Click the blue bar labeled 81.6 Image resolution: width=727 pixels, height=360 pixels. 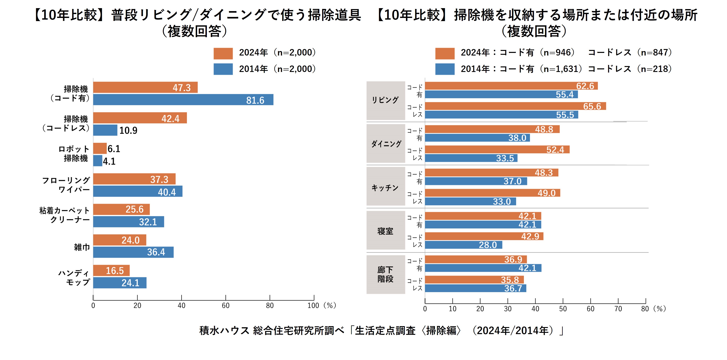[183, 100]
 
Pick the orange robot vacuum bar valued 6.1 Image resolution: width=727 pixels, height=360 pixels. [100, 148]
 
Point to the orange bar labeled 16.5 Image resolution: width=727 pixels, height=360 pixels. [111, 270]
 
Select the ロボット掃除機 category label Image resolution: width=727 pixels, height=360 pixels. [74, 154]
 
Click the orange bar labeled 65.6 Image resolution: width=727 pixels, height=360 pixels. [515, 106]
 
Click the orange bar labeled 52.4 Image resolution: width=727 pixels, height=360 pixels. [497, 149]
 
